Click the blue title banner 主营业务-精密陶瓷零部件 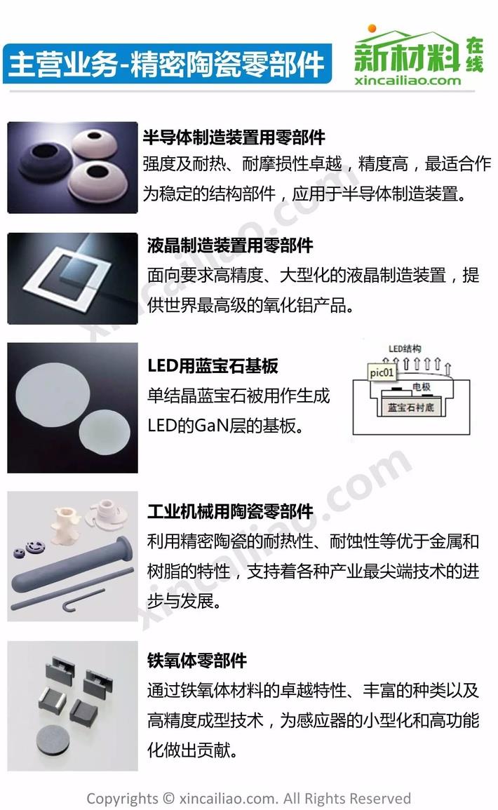166,64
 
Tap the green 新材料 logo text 407,56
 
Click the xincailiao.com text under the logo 408,80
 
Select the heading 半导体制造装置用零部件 234,137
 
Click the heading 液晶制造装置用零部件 230,245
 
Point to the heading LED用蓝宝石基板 213,366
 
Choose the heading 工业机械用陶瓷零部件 230,511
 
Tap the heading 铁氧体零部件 197,660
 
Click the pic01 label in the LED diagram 382,372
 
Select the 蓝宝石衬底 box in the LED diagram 411,407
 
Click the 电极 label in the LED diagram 422,386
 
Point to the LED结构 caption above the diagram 405,349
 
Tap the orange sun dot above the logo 372,29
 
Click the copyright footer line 248,798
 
